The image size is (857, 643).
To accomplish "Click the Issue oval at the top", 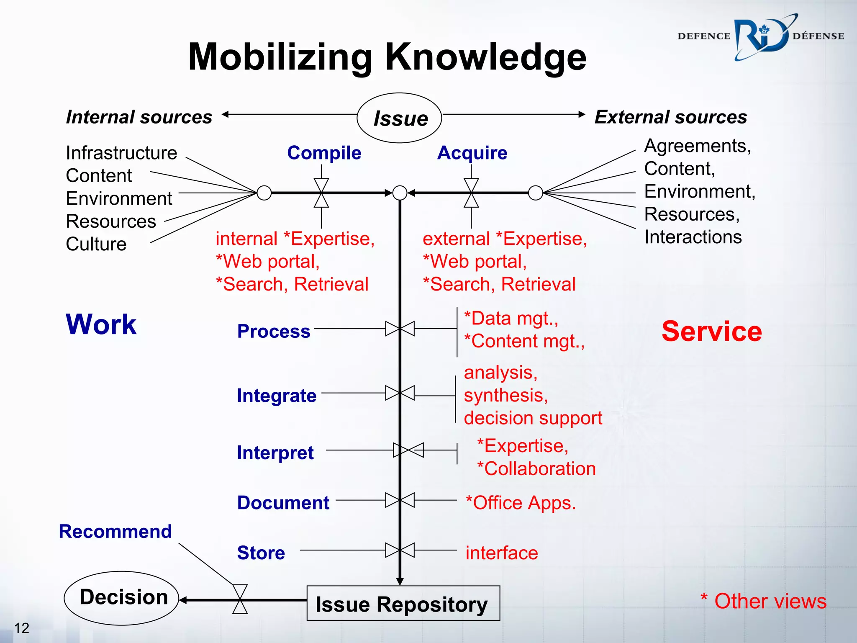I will (399, 118).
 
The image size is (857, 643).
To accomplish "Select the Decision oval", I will (122, 598).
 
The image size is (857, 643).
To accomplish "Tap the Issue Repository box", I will (403, 603).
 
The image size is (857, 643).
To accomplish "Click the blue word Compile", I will (324, 153).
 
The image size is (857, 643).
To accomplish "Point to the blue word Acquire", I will (472, 153).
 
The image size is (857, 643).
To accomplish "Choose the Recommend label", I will (115, 532).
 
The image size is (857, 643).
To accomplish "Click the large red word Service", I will (711, 332).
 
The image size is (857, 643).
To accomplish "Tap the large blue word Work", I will (101, 324).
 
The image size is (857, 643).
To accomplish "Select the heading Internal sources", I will (139, 117).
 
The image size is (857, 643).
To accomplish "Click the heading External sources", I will (671, 117).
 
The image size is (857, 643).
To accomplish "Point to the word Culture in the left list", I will (96, 244).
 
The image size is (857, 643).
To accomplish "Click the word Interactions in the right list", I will (693, 237).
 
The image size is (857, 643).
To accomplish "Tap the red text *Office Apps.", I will (521, 503).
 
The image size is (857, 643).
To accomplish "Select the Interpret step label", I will (275, 453).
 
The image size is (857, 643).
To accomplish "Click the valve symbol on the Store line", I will (400, 550).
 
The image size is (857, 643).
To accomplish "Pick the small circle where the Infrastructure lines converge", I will (264, 193).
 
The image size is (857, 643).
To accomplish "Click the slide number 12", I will (21, 628).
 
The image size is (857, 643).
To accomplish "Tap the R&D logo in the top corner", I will (760, 37).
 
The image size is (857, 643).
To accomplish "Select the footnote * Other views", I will (763, 601).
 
